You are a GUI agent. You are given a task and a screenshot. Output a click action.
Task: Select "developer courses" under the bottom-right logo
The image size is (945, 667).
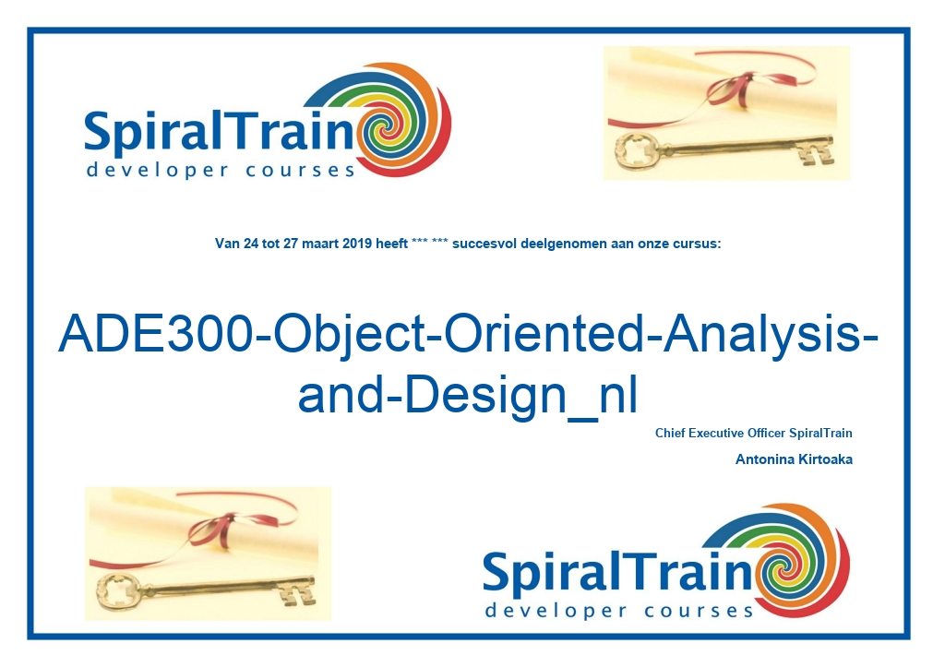(x=619, y=611)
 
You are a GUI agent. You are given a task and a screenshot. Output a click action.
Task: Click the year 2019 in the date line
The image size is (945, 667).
(x=357, y=244)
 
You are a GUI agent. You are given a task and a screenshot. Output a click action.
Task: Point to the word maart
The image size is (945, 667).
(x=320, y=244)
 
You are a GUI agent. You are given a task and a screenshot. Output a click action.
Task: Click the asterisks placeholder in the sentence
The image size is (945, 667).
(x=430, y=242)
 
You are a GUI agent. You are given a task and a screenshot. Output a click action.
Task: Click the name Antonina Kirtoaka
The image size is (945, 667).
(x=794, y=459)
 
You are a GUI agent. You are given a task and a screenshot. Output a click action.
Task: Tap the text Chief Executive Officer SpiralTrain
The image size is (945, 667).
(x=753, y=433)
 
